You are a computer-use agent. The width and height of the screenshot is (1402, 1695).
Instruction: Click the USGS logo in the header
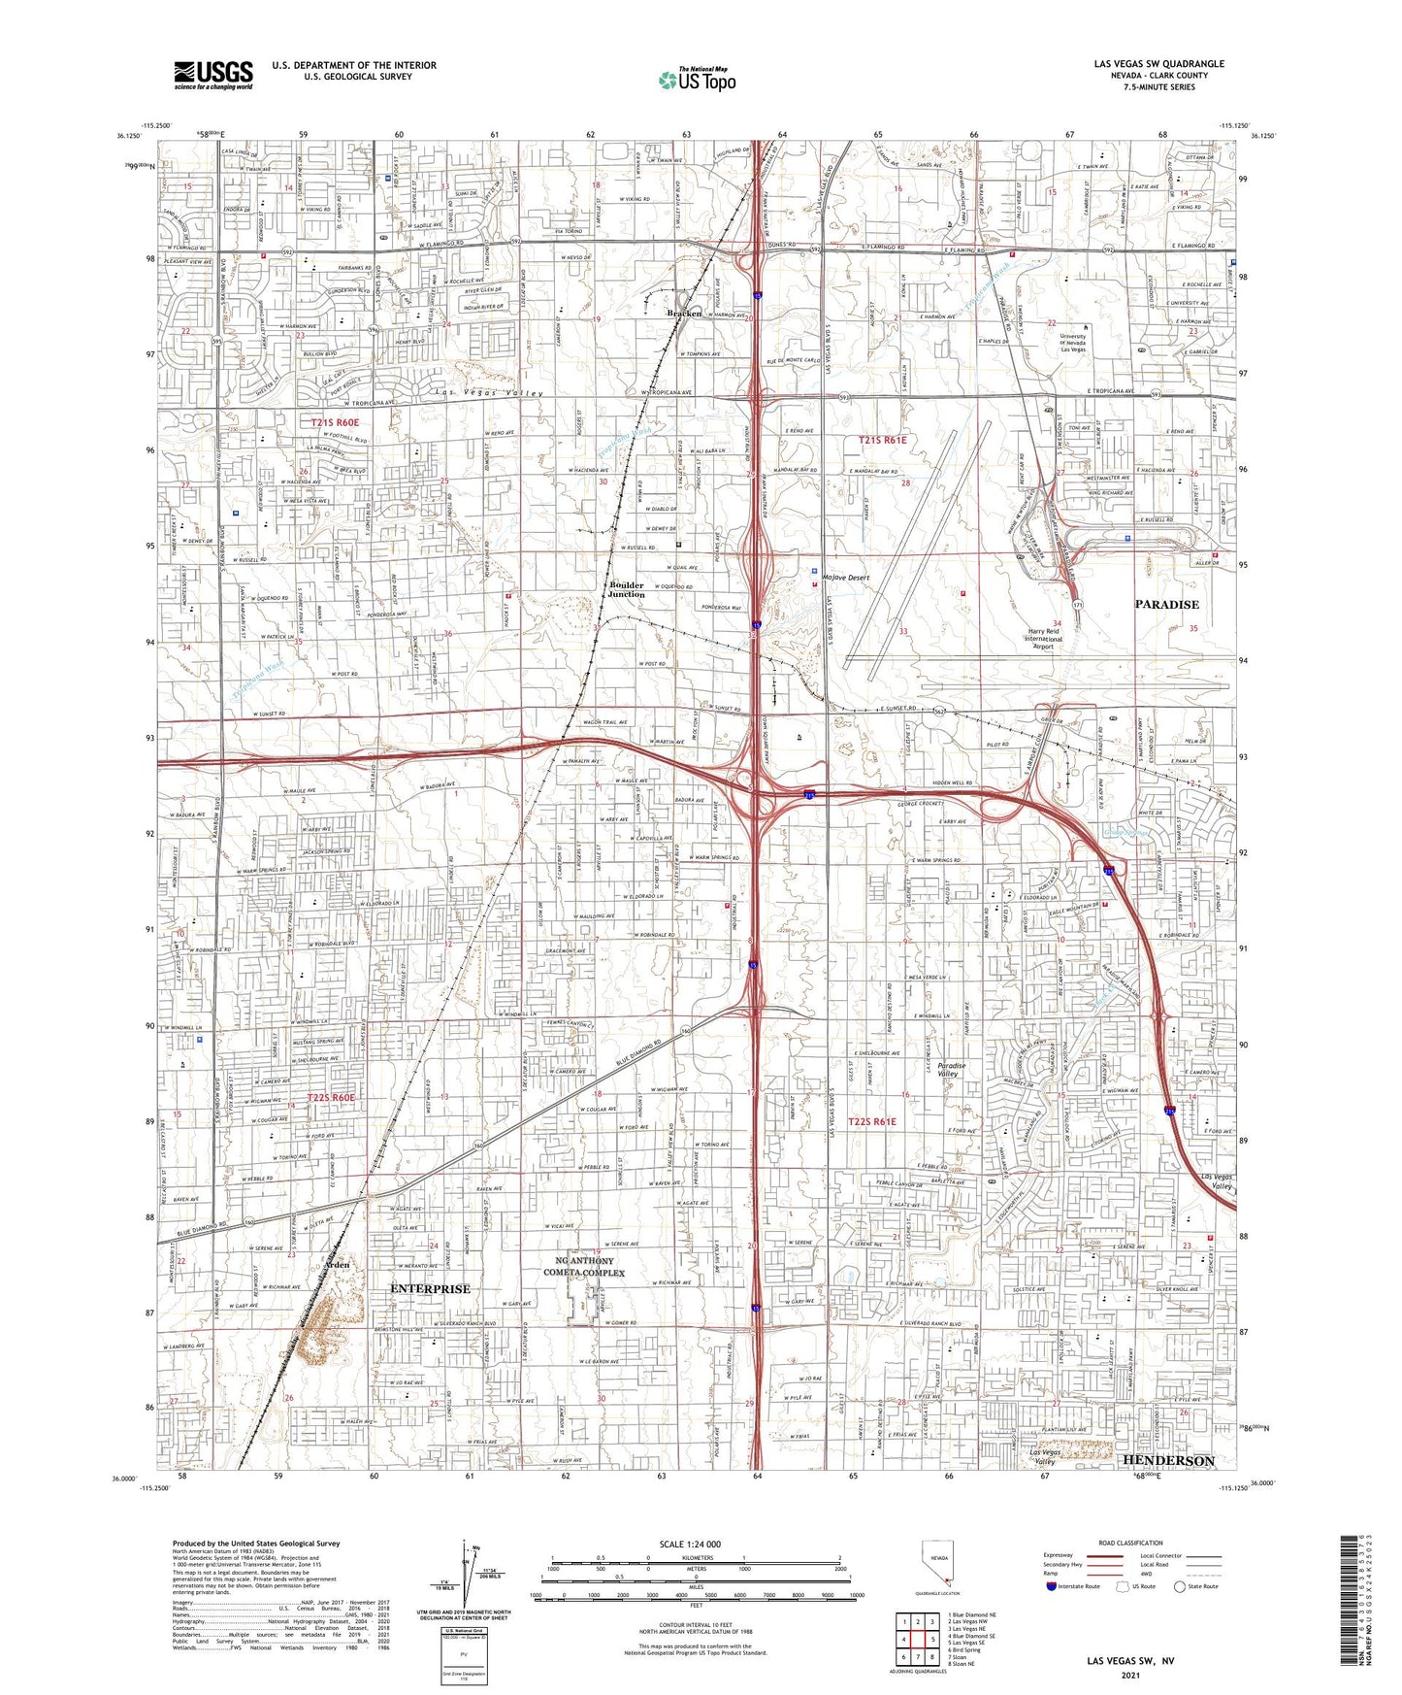[212, 75]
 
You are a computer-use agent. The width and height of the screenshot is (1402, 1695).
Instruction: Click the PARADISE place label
[1166, 604]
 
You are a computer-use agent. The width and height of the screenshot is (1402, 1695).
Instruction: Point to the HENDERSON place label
[1167, 1460]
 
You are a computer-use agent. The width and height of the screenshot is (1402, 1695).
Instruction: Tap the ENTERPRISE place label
[429, 1288]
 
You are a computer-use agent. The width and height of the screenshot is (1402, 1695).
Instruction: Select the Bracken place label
[684, 314]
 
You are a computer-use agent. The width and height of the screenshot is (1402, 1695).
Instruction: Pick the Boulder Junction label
[626, 589]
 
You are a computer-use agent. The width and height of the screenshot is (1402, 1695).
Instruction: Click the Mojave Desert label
[846, 578]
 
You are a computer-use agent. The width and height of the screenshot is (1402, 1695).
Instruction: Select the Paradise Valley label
[946, 1070]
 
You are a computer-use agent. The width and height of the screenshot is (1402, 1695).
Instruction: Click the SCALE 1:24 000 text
[690, 1544]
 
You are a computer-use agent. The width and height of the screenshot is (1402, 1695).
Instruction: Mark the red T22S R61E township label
[872, 1121]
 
